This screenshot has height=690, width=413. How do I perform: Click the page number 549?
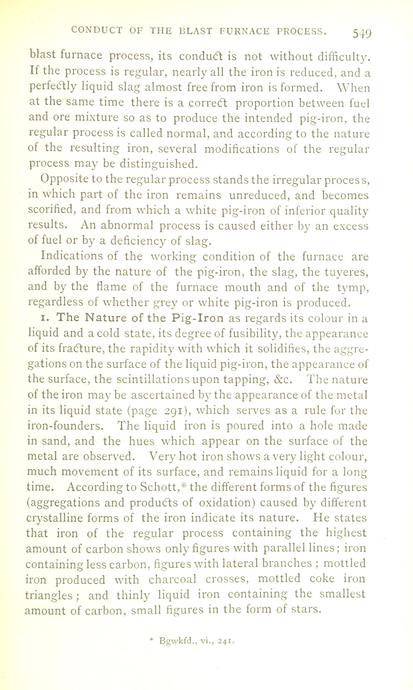pyautogui.click(x=362, y=33)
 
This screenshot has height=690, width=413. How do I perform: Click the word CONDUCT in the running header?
pyautogui.click(x=96, y=30)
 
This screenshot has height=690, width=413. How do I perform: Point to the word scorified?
pyautogui.click(x=51, y=210)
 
